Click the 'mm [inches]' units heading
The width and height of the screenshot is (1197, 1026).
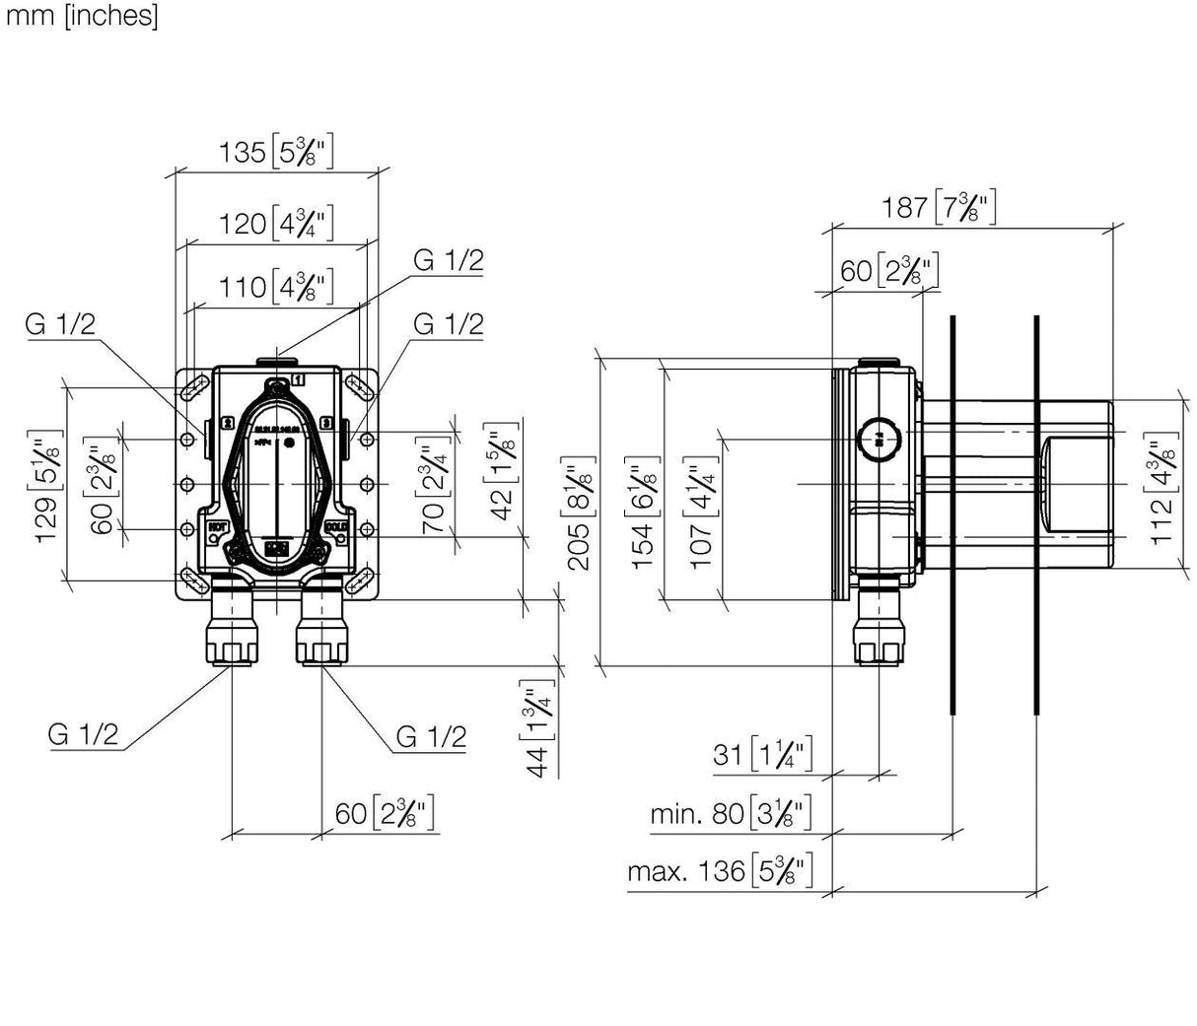tap(80, 17)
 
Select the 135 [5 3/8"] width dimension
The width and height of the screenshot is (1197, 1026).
tap(276, 153)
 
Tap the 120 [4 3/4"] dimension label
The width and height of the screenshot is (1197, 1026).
tap(276, 223)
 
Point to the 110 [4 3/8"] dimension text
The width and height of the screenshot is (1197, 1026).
tap(276, 287)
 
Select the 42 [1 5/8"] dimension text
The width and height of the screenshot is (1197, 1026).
tap(504, 471)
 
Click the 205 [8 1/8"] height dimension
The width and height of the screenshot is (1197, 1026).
tap(581, 512)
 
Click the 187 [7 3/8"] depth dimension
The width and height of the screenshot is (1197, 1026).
tap(936, 207)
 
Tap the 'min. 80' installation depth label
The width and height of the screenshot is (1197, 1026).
tap(731, 814)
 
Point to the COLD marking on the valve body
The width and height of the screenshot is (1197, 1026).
tap(337, 527)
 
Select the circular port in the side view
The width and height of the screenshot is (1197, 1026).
tap(879, 437)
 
